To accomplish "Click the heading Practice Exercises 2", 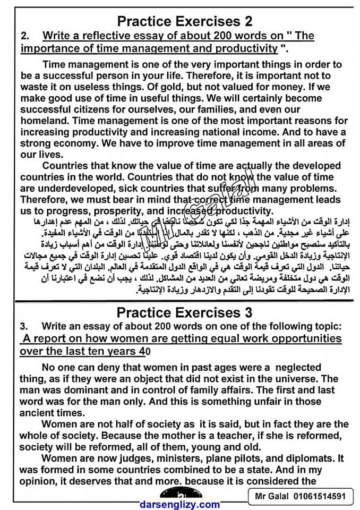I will (x=184, y=22).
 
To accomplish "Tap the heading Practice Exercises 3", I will (x=184, y=312).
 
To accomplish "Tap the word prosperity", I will (x=127, y=211).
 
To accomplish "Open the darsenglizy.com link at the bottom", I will (x=179, y=504).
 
